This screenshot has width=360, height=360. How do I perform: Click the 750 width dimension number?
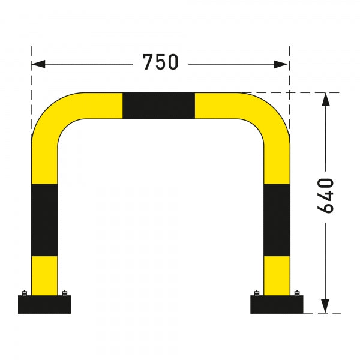click(160, 62)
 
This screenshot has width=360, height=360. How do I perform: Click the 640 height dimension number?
click(325, 195)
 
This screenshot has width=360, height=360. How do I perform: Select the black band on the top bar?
click(159, 106)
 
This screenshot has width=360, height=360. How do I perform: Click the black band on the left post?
click(44, 220)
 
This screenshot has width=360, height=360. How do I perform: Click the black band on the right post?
click(277, 220)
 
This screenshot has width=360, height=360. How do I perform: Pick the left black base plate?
click(44, 305)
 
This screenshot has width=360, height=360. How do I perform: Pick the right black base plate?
click(277, 305)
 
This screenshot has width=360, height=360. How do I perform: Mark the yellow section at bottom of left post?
click(44, 275)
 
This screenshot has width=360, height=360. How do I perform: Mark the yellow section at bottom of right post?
click(277, 275)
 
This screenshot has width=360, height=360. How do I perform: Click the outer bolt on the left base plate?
click(25, 293)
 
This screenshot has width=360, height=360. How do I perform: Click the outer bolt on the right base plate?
click(297, 293)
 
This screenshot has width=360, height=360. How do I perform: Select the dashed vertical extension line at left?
click(31, 90)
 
